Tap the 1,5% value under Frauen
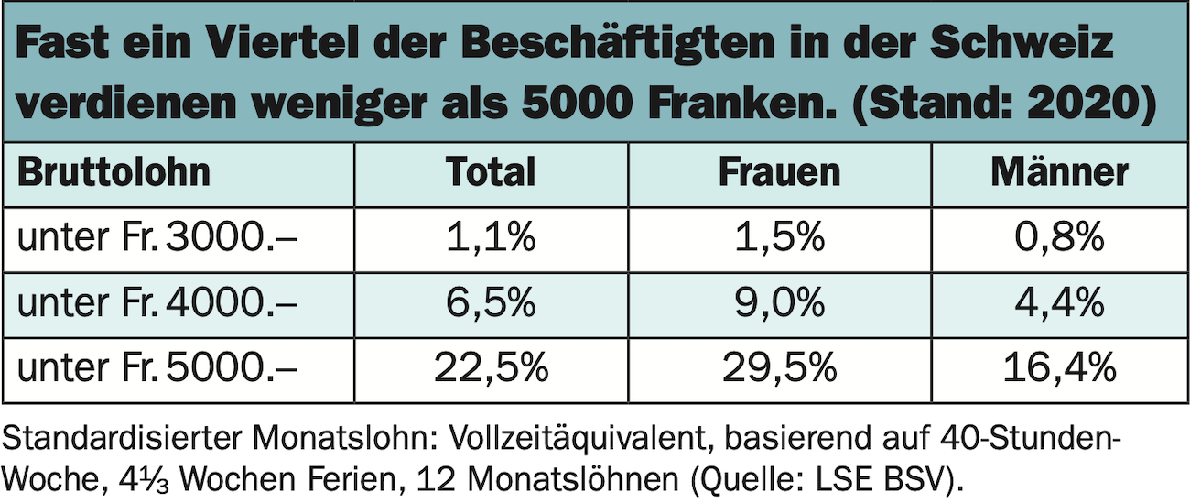779,239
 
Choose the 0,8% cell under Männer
1059,239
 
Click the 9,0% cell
779,304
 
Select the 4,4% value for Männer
1059,304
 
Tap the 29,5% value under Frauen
779,369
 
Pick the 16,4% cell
1059,369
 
